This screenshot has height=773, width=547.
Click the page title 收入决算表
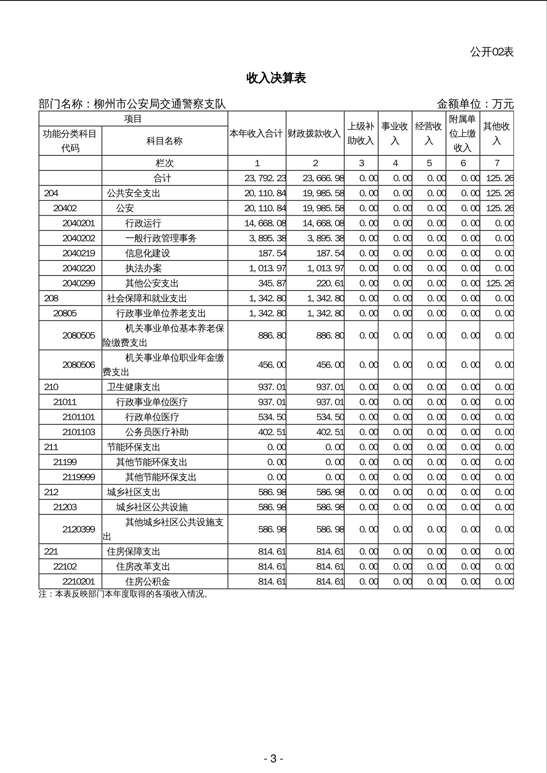[276, 78]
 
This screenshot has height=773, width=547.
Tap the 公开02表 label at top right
[491, 52]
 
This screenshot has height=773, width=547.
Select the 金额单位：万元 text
[475, 104]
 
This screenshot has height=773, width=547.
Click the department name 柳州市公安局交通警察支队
[160, 104]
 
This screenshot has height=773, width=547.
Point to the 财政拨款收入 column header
[315, 133]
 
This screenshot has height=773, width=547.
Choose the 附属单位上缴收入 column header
[462, 133]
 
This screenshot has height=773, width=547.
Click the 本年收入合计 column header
[257, 133]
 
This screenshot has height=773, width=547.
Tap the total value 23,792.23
[265, 178]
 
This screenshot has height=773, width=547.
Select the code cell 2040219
[79, 253]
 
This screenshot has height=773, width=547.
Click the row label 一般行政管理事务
[161, 238]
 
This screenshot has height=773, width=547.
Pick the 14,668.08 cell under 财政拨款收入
[323, 223]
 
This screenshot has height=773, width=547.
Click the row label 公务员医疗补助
[157, 432]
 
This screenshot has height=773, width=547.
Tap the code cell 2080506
[79, 365]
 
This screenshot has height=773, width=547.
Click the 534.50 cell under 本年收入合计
[272, 417]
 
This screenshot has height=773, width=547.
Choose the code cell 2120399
[79, 529]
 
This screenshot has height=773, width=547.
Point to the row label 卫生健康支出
[133, 387]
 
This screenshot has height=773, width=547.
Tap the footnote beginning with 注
[124, 594]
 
